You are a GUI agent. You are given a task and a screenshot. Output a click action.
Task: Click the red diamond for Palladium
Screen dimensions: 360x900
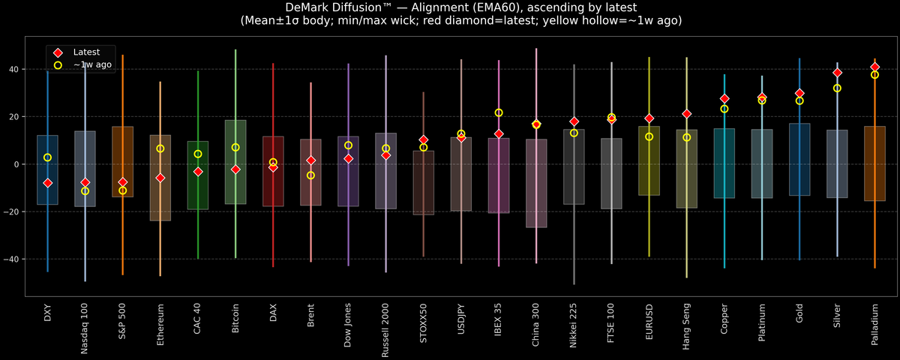(874, 67)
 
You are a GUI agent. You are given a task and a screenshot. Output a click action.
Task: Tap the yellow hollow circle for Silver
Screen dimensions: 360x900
(837, 88)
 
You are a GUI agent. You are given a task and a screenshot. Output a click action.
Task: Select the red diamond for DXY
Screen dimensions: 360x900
(47, 183)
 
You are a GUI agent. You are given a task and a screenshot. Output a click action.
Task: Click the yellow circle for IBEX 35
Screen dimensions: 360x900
(499, 112)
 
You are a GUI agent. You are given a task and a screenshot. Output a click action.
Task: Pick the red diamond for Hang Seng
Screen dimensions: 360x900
(686, 114)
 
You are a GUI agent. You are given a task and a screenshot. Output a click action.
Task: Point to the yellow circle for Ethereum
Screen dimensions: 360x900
(160, 148)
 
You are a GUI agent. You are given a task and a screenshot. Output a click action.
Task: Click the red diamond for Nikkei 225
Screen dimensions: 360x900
(574, 121)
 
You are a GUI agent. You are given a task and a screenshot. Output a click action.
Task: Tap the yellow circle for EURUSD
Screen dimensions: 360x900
(649, 136)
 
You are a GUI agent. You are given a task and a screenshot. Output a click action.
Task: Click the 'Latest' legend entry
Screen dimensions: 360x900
(83, 52)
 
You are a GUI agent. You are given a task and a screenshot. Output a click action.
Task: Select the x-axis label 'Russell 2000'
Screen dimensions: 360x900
(385, 331)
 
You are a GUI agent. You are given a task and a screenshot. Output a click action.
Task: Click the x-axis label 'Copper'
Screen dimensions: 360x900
(724, 320)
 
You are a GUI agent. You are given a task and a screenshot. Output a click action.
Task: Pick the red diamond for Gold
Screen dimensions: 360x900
(799, 94)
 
